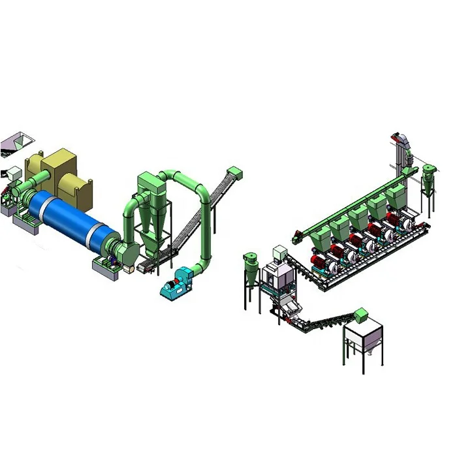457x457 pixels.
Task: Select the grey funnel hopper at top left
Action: [16, 141]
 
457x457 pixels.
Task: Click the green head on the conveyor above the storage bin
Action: [360, 313]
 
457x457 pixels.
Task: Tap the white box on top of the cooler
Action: [279, 252]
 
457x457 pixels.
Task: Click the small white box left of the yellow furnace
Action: [12, 174]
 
